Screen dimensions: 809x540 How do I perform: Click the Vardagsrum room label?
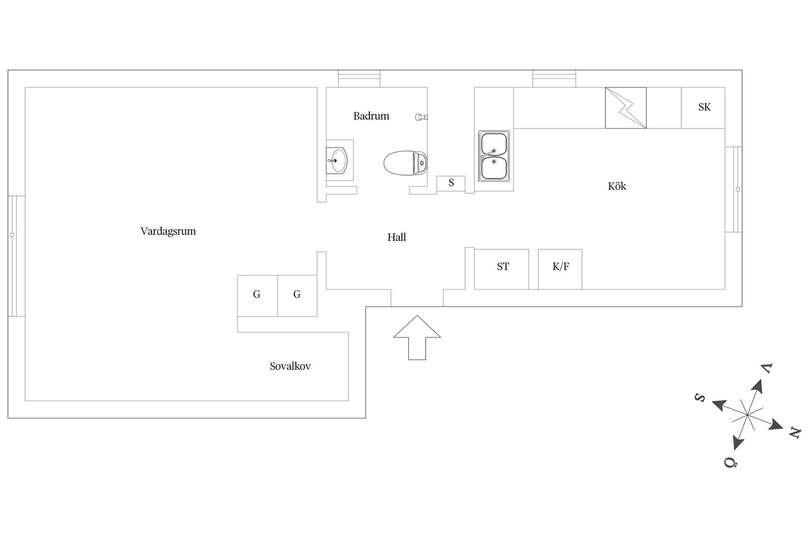click(x=168, y=231)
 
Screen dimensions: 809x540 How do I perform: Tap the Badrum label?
click(x=371, y=116)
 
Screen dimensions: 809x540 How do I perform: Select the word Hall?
click(x=396, y=237)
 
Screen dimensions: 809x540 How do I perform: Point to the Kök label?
click(x=617, y=186)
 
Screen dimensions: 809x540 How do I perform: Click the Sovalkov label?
click(x=290, y=366)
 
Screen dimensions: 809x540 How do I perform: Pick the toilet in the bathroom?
click(x=405, y=162)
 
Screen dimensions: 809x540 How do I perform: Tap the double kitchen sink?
click(x=494, y=156)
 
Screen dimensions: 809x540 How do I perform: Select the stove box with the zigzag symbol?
click(x=626, y=108)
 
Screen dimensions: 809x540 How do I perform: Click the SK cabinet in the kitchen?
click(x=703, y=108)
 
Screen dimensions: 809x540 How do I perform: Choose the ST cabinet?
click(x=501, y=269)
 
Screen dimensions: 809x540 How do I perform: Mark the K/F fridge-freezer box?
click(x=560, y=269)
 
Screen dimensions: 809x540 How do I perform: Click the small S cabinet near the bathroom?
click(x=451, y=184)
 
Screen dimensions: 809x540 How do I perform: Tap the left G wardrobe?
click(x=257, y=296)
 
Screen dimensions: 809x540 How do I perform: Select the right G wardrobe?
click(x=297, y=296)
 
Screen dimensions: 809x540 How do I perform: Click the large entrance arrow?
click(x=417, y=337)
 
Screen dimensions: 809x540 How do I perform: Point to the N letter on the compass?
click(x=794, y=433)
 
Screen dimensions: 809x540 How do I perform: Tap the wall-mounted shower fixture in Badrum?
click(x=421, y=117)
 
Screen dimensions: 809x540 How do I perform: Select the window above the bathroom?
click(x=359, y=79)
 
